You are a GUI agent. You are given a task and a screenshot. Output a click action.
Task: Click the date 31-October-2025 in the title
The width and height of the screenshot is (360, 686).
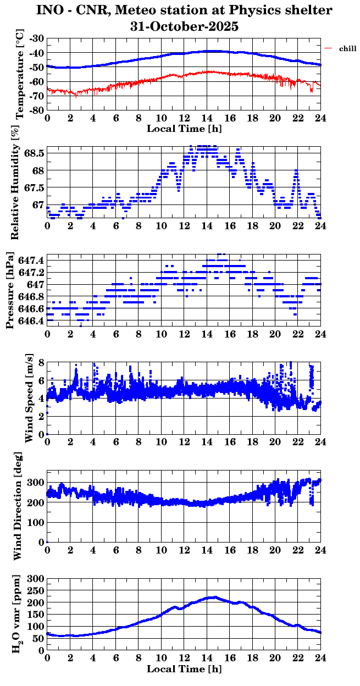point(184,26)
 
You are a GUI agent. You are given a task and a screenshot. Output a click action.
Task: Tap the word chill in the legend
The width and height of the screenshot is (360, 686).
point(347,49)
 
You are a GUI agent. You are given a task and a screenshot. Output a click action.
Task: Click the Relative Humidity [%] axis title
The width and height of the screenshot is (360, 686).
point(15,181)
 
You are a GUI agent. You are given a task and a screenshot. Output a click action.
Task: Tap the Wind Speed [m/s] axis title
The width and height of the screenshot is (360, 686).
point(29,398)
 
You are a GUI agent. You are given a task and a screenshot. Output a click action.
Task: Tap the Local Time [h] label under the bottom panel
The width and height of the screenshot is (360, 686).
point(184,669)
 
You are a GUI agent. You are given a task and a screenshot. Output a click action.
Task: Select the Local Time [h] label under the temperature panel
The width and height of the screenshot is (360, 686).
point(184,129)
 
